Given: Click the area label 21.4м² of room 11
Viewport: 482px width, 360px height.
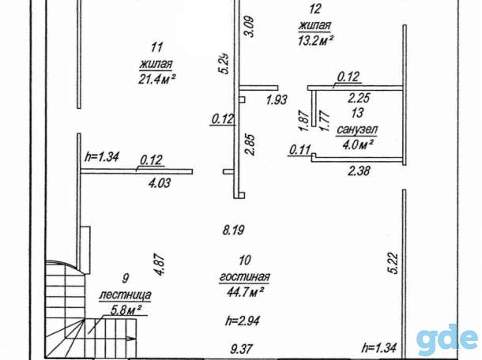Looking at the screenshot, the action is [157, 80].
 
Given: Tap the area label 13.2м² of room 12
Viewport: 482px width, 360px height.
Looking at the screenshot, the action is [316, 40].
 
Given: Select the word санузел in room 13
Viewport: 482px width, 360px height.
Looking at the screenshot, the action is [357, 129].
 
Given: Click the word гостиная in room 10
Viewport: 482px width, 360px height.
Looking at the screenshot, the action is [244, 276].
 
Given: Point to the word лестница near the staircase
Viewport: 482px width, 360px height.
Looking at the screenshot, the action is [125, 294].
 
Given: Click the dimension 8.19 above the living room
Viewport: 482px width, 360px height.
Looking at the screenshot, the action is [234, 230].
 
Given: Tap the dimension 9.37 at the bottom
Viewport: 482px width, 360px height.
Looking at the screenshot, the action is [242, 348].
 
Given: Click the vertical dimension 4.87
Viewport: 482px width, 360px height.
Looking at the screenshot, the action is [160, 264].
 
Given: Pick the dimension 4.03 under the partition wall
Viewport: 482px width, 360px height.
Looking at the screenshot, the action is [160, 183].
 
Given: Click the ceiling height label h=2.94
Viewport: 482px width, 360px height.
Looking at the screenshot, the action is [243, 321].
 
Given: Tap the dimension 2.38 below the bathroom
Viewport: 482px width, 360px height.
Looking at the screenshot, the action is [359, 171].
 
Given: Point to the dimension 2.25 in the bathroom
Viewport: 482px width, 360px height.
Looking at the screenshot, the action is [359, 98].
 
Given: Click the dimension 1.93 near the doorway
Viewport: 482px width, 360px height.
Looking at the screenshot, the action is [277, 99].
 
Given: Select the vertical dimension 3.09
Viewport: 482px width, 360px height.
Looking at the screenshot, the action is [250, 26].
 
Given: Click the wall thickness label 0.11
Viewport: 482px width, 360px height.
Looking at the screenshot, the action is [300, 150].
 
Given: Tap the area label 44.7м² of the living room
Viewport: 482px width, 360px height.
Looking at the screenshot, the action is [245, 292].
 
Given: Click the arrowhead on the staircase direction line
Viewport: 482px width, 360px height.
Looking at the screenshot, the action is [131, 338].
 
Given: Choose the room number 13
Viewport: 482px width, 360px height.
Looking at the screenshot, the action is [357, 113].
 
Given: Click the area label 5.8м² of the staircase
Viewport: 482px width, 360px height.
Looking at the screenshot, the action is [125, 310].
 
